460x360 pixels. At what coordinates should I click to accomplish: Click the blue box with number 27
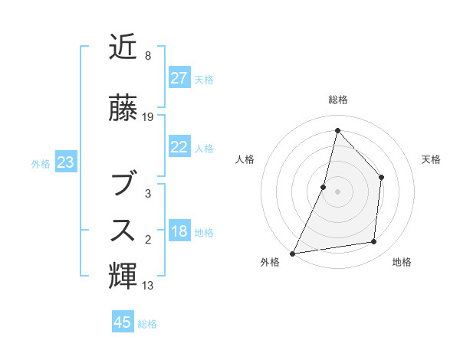pos(179,78)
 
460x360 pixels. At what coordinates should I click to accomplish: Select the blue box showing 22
pos(179,147)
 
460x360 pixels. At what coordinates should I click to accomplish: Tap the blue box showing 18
pos(179,232)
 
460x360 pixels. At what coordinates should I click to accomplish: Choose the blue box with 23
pos(66,162)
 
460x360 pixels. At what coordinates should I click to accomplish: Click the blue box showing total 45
pos(123,322)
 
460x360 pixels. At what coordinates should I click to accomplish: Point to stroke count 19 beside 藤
pos(148,117)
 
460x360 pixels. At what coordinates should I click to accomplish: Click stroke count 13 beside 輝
pos(148,286)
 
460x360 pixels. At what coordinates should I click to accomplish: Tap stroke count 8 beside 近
pos(148,56)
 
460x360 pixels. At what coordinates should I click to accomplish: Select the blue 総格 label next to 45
pos(147,324)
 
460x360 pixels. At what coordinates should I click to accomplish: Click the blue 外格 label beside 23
pos(41,163)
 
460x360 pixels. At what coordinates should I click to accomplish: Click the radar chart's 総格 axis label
pos(337,100)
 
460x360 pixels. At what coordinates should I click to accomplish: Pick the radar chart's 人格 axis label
pos(244,159)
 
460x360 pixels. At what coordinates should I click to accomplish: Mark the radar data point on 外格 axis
pos(292,253)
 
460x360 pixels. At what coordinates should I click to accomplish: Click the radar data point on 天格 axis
pos(381,178)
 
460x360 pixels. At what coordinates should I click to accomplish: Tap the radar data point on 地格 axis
pos(374,242)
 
